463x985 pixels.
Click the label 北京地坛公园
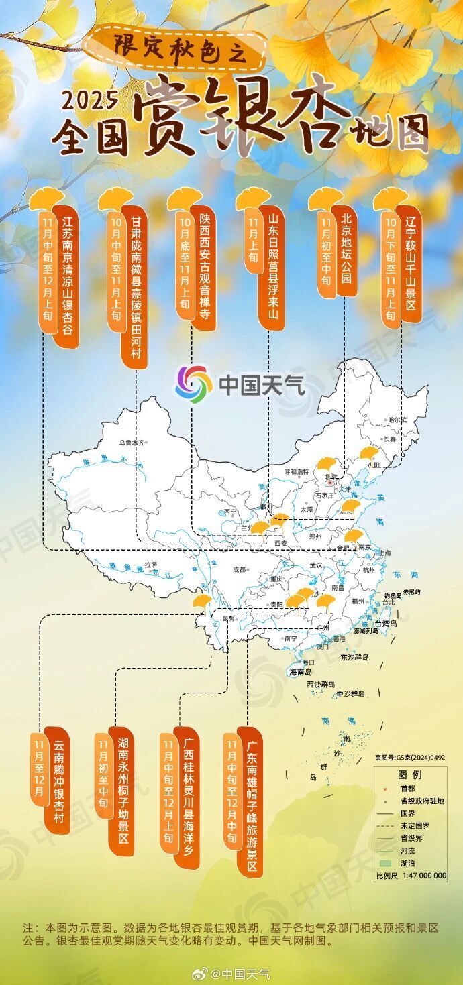346,246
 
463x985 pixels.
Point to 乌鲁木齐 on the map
132,443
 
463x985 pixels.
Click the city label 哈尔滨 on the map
397,420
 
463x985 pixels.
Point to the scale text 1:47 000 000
421,875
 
